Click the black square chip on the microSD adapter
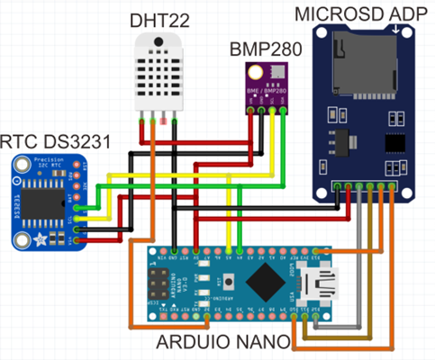(394, 143)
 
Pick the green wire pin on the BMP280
(285, 111)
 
